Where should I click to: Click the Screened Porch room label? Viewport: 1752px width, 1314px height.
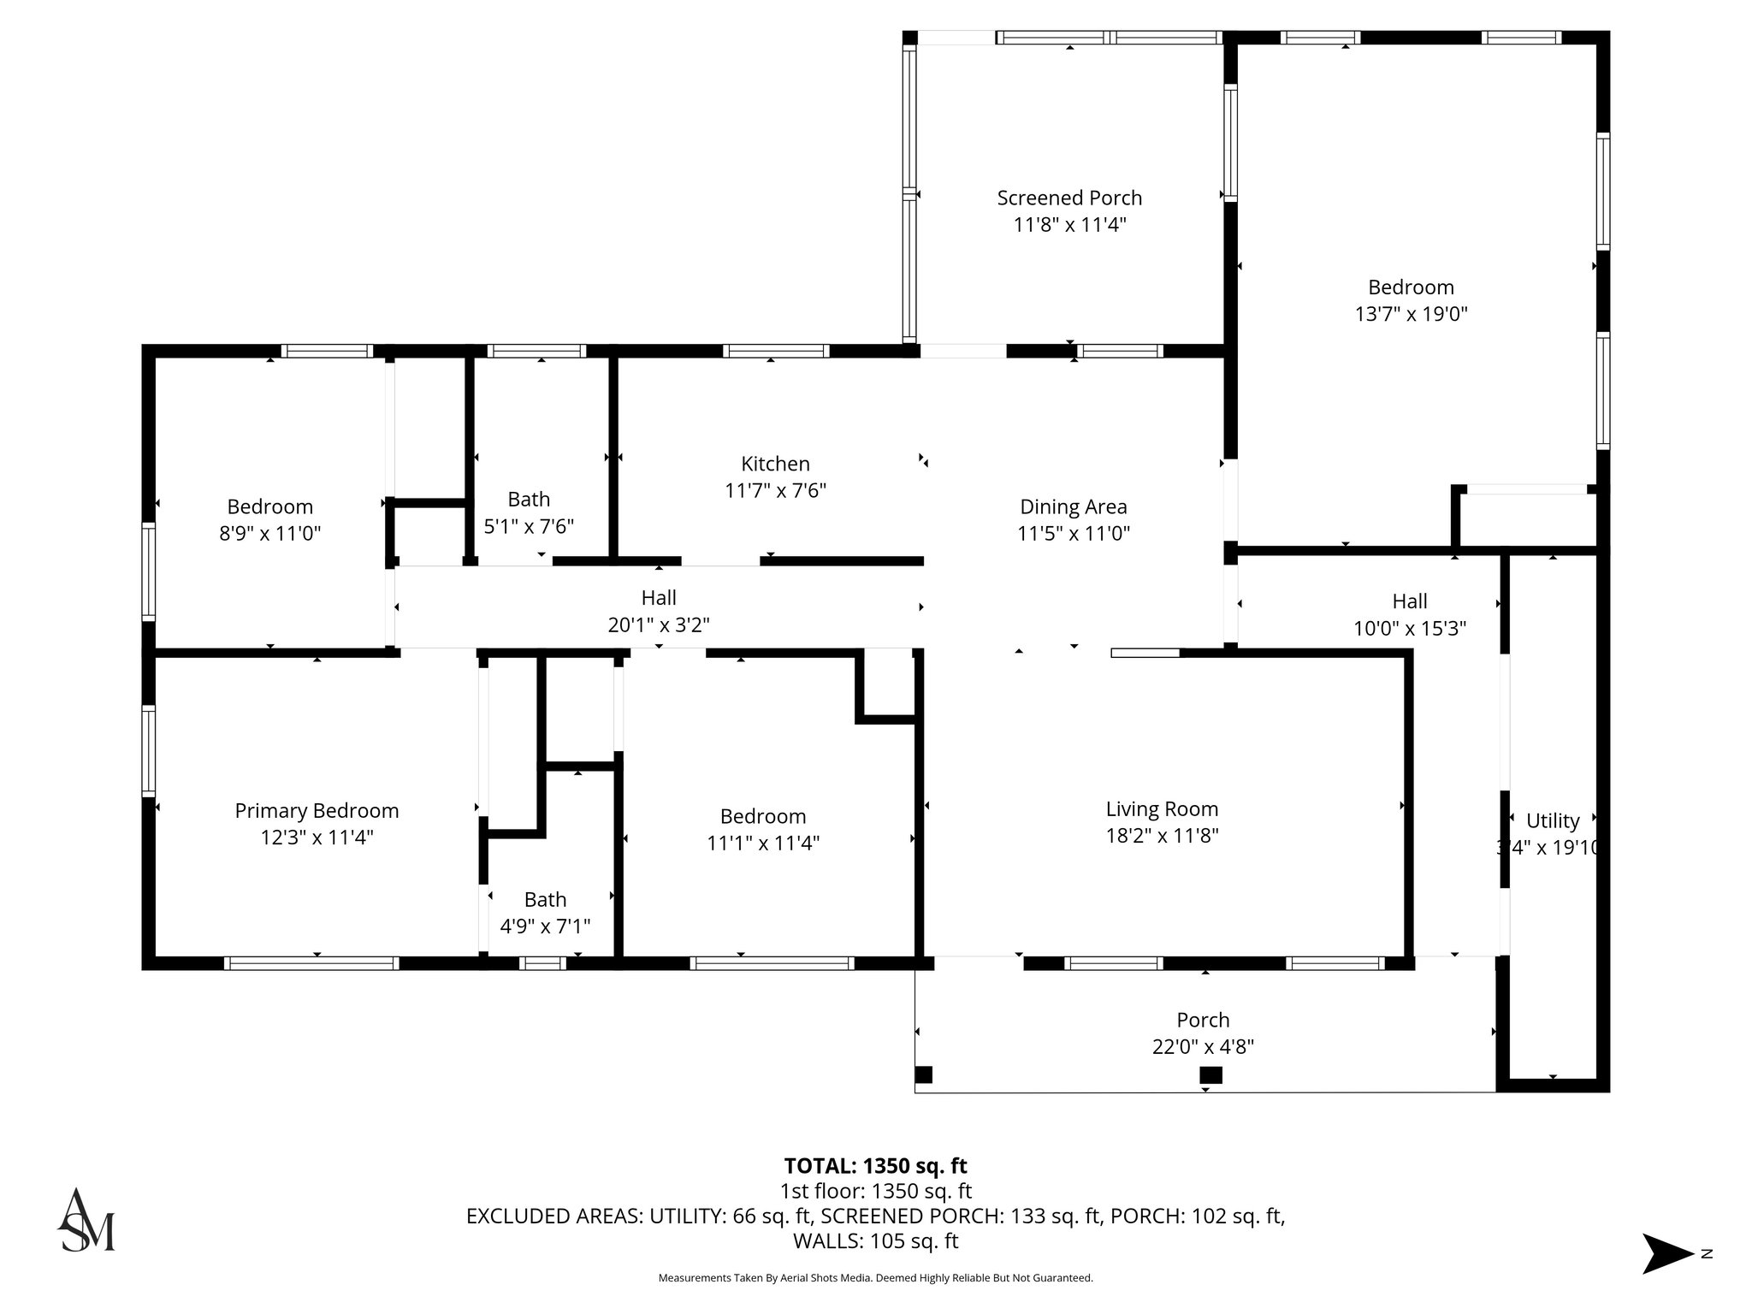(x=1069, y=198)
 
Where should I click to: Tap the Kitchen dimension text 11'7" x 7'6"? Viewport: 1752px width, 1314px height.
(x=775, y=491)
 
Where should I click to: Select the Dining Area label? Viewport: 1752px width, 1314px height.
(x=1074, y=506)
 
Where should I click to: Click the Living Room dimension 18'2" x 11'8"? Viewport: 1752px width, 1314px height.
(x=1162, y=836)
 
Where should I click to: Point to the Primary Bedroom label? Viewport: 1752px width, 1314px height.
(x=317, y=810)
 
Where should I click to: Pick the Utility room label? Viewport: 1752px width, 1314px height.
(x=1553, y=821)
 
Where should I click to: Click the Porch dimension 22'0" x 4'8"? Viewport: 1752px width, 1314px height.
(x=1203, y=1047)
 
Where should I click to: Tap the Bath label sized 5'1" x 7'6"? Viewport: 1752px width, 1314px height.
(x=529, y=499)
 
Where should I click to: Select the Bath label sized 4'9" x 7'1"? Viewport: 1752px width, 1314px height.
(x=545, y=899)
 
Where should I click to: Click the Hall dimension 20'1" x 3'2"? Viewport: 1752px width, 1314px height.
(x=659, y=625)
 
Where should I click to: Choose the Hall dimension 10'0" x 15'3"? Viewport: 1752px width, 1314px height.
(x=1410, y=629)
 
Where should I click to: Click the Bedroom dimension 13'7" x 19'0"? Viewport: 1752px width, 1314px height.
(x=1411, y=314)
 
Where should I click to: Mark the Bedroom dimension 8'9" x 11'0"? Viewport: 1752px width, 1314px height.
(x=269, y=534)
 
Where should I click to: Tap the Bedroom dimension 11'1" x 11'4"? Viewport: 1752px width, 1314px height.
(x=762, y=843)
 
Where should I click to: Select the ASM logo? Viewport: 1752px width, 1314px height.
(x=86, y=1221)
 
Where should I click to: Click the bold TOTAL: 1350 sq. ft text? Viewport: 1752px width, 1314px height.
(x=875, y=1166)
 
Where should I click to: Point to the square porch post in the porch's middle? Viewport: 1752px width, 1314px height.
(x=1210, y=1075)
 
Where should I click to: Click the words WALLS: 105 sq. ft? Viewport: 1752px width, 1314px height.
(x=875, y=1241)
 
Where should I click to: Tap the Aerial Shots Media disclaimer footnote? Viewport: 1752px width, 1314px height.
(x=875, y=1278)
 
